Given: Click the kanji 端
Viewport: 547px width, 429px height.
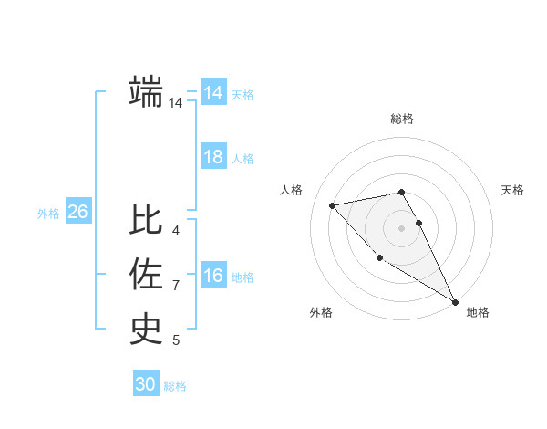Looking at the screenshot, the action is pos(147,91).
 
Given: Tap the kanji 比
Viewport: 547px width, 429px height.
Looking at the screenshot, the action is pos(147,220).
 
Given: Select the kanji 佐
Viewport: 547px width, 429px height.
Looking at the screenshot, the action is pos(147,274).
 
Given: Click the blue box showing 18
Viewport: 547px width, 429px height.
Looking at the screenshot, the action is pos(212,157).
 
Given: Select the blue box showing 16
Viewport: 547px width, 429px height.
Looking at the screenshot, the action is pos(212,276).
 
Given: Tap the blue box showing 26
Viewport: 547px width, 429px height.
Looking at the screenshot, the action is pos(77,212).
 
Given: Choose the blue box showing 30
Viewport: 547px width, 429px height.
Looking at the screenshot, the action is pos(145,384).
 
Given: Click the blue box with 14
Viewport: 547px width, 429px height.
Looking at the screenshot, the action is pos(212,93).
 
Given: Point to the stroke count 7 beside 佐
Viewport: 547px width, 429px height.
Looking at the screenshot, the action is pos(176,286).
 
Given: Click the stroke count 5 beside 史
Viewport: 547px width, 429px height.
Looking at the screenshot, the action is pos(176,340).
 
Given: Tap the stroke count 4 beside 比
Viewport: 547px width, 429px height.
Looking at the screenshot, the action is pos(176,231).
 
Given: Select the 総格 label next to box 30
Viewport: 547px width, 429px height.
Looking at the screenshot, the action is pos(175,386).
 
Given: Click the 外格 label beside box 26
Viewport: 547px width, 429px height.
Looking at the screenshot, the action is pos(48,214).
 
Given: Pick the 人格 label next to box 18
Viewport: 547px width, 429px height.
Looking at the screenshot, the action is pos(243,159).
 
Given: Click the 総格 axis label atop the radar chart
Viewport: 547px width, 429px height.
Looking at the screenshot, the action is pos(402,119).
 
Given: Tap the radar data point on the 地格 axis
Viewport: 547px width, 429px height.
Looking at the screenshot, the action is pos(455,301).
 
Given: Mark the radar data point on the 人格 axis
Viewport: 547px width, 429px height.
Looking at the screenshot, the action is pos(333,205).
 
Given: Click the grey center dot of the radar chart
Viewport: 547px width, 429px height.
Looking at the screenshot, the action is pos(401,228).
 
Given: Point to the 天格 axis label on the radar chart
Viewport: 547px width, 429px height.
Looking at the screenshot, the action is pos(512,190).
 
